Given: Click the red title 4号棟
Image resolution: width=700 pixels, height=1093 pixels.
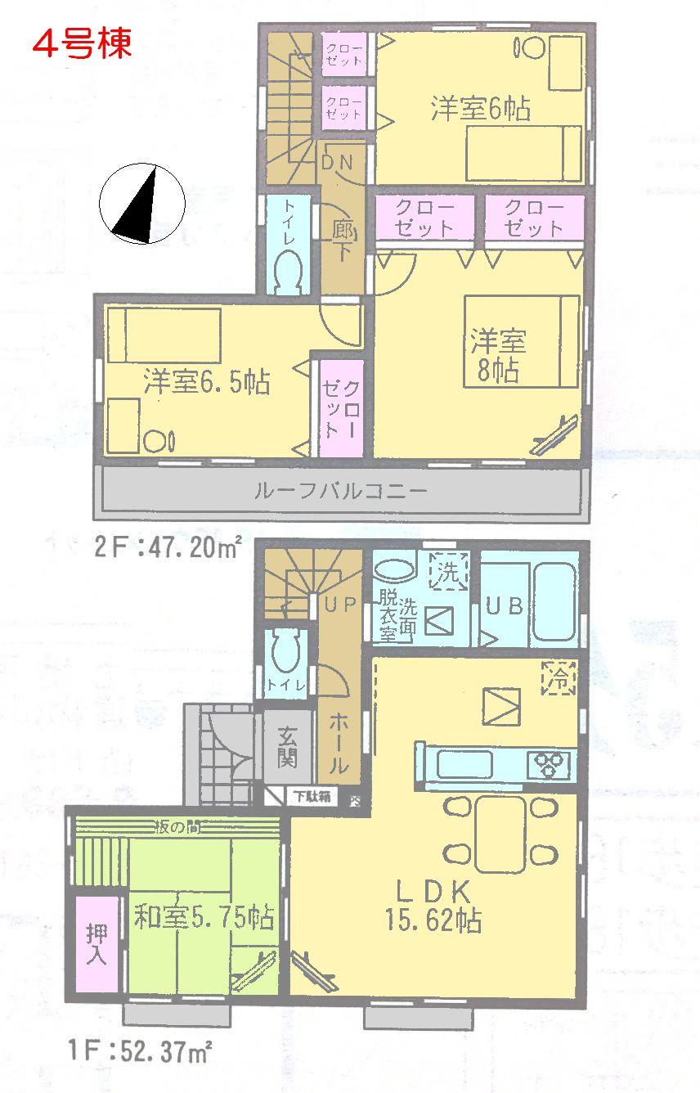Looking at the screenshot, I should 82,43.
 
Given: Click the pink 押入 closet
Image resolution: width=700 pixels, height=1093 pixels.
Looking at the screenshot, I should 96,944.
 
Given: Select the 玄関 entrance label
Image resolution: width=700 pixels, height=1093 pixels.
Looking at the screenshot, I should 286,748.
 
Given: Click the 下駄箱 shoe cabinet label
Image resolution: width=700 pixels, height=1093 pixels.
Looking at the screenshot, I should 312,796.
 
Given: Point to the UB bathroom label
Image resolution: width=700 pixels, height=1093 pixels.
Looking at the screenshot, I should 504,606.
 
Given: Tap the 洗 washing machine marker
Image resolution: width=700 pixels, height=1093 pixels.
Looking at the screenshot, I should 449,569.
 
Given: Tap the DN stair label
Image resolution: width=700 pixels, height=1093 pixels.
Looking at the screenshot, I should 336,162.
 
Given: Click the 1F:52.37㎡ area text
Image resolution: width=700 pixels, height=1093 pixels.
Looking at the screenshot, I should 145,1049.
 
